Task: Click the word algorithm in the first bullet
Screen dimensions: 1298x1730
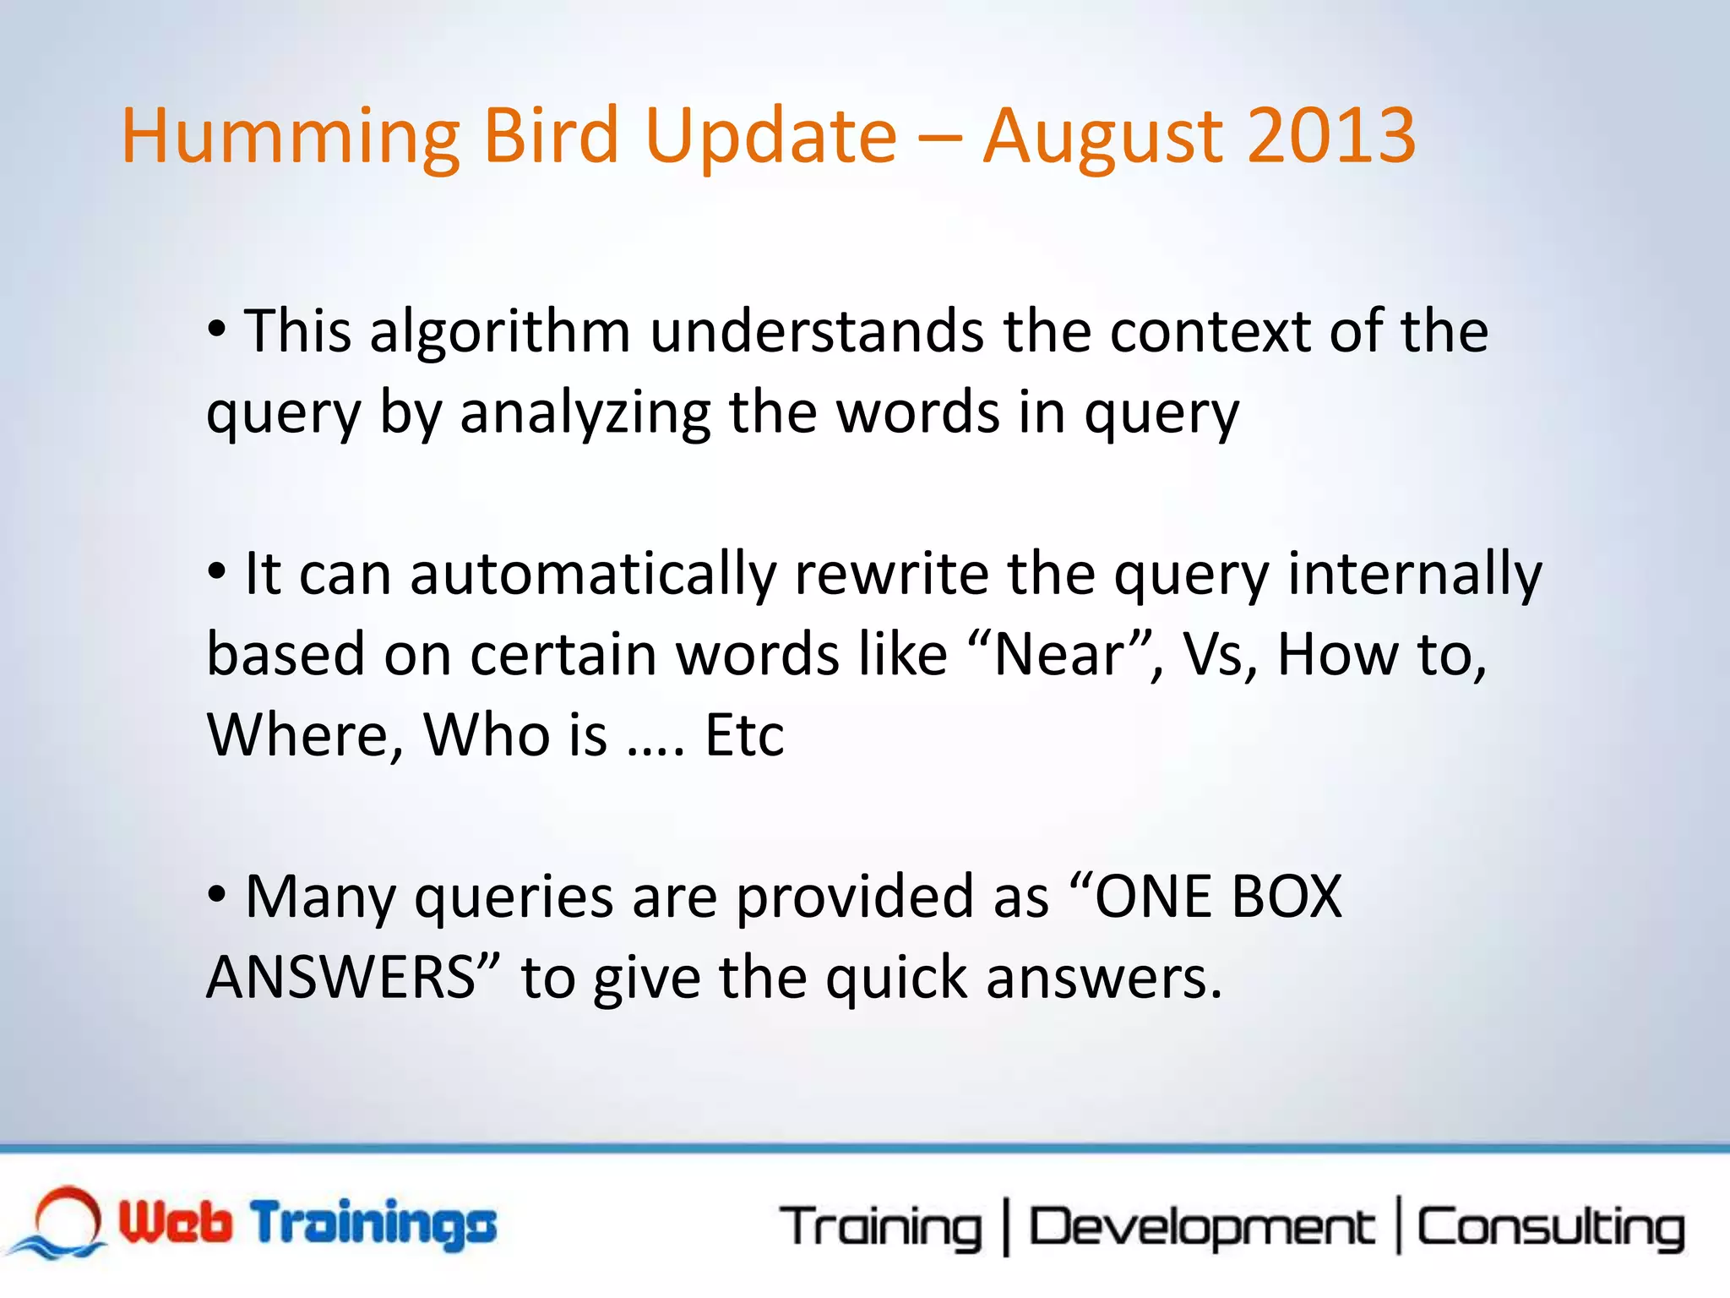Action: pyautogui.click(x=500, y=333)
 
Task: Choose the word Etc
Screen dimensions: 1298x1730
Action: pyautogui.click(x=743, y=735)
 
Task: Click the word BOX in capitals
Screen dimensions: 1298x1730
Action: pyautogui.click(x=1286, y=897)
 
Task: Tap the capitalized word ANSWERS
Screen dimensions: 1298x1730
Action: pyautogui.click(x=341, y=978)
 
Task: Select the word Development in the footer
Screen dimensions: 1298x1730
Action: pyautogui.click(x=1200, y=1228)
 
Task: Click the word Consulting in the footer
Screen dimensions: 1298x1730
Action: pyautogui.click(x=1550, y=1228)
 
